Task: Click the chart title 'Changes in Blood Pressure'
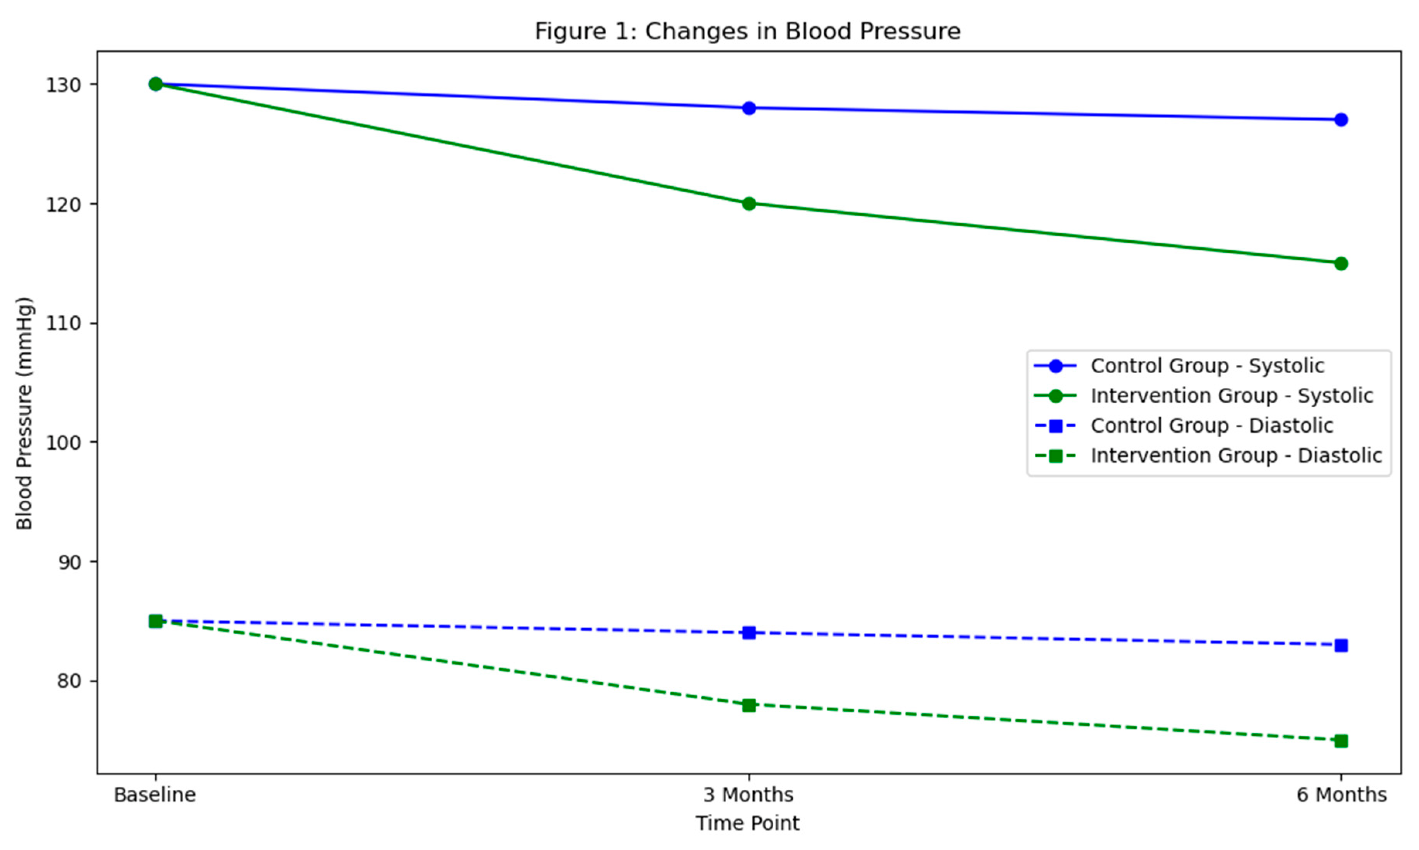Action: click(747, 32)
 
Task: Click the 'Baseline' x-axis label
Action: click(155, 795)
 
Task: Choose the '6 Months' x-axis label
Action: click(1341, 795)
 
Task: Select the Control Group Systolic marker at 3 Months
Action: click(749, 108)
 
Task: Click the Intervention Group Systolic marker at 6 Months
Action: click(1341, 263)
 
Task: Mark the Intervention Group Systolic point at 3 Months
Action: click(749, 204)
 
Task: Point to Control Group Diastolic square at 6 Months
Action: click(1341, 646)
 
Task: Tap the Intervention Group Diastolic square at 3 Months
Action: click(749, 705)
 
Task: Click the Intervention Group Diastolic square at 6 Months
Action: click(1341, 741)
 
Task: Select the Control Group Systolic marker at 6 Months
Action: click(1341, 120)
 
